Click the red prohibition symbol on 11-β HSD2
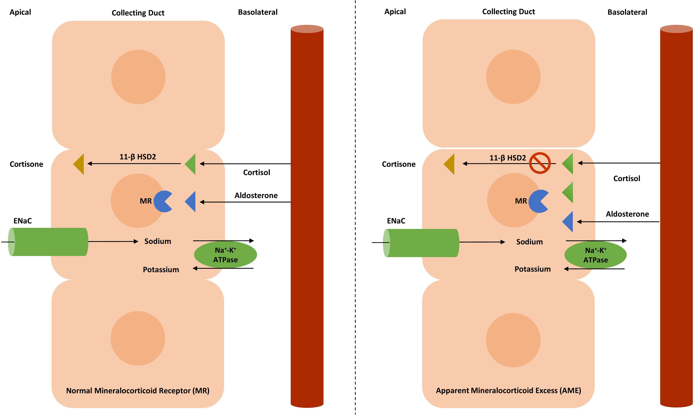pos(540,163)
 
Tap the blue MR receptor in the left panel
pos(162,201)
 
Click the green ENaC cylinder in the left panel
pos(49,242)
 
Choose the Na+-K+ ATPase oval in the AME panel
pos(595,255)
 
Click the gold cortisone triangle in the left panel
pos(79,164)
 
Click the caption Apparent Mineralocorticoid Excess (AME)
pos(508,390)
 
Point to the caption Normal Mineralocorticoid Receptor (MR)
pos(138,391)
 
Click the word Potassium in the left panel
pos(161,270)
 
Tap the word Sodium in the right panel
pos(529,242)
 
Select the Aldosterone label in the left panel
pos(256,195)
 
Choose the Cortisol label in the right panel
pos(627,178)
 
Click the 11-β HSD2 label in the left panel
pos(138,157)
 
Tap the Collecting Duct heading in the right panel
pos(508,12)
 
